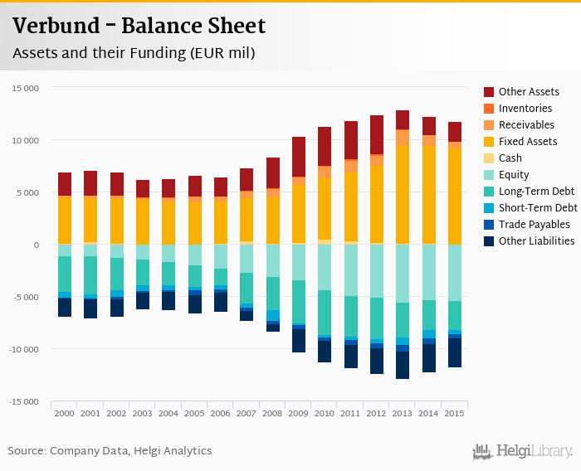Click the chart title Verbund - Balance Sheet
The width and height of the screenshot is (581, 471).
tap(139, 26)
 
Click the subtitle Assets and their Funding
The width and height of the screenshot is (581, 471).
tap(134, 53)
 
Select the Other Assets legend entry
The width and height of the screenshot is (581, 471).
tap(528, 92)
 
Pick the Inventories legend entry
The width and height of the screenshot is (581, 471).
tap(525, 109)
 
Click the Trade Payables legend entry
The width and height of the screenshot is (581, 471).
tap(534, 225)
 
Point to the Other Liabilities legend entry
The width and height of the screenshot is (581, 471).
tap(536, 241)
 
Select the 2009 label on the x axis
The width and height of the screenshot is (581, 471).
tap(298, 412)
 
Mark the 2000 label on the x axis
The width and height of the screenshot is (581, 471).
tap(64, 412)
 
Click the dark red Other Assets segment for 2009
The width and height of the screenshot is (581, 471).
tap(298, 157)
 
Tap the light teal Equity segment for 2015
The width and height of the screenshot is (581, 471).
tap(455, 272)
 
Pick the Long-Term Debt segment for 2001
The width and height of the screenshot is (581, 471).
tap(90, 274)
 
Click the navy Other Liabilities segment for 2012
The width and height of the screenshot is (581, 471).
tap(377, 361)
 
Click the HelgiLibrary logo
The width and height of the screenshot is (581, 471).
tap(523, 451)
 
